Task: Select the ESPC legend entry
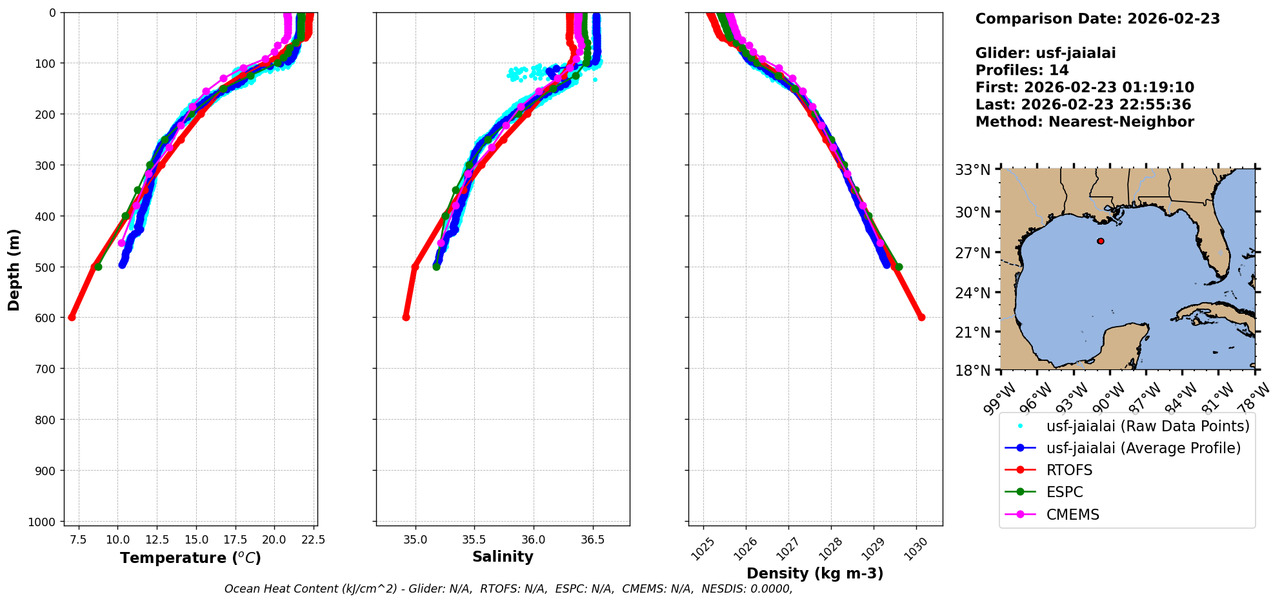[1065, 492]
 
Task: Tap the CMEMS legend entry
[1072, 515]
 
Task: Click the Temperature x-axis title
[190, 558]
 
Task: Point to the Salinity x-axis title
[503, 557]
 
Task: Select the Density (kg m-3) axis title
[815, 573]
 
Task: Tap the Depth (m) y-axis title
[14, 270]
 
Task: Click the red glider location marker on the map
[1101, 241]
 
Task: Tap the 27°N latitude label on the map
[973, 252]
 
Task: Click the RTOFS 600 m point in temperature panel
[72, 317]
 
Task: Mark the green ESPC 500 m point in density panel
[899, 267]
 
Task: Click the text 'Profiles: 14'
[1022, 70]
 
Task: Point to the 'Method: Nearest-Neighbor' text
[1085, 121]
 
